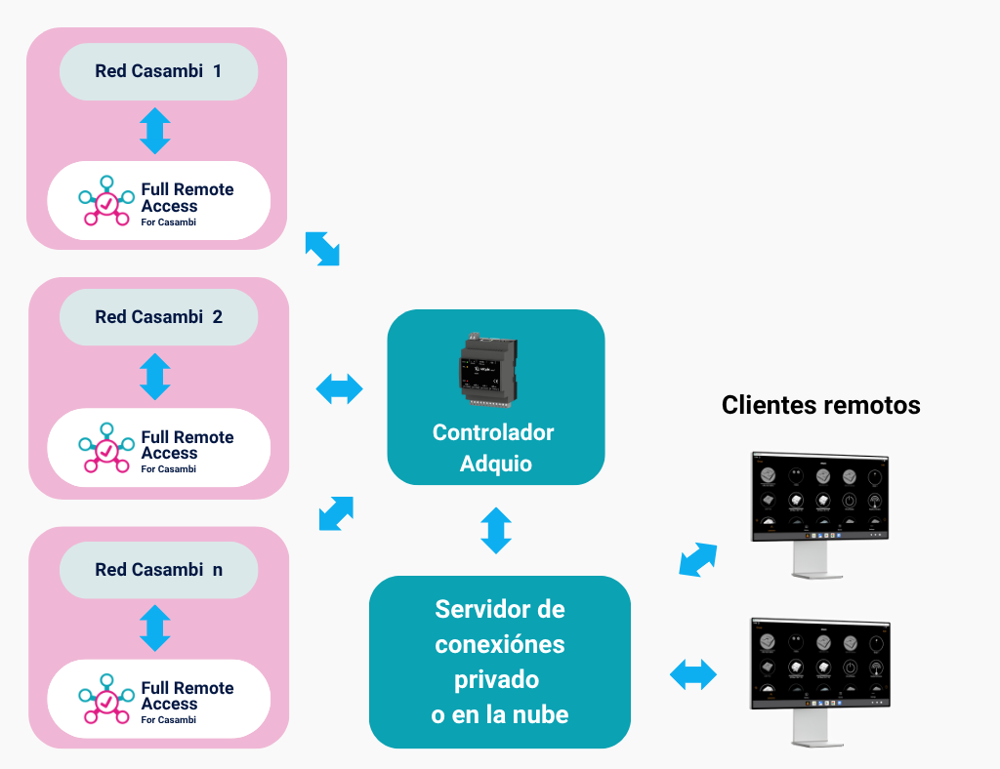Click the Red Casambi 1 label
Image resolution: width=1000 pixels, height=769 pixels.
(158, 71)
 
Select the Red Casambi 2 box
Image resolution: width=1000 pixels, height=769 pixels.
(158, 317)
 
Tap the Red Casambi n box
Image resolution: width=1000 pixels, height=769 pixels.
(158, 569)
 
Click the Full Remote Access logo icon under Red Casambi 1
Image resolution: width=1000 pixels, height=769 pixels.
(106, 201)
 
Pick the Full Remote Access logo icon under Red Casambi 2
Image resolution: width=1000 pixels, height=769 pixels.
(106, 448)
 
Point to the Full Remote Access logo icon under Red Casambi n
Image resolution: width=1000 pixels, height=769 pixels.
(106, 699)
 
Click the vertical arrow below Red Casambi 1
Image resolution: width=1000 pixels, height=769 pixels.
(155, 131)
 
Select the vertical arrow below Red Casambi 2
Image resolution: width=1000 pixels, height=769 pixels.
(155, 377)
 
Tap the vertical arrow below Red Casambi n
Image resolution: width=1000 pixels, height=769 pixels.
(155, 627)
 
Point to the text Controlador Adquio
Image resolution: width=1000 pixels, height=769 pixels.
(494, 448)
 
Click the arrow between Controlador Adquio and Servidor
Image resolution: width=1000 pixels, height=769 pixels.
(496, 531)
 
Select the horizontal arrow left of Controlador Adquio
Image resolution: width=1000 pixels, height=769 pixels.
(340, 389)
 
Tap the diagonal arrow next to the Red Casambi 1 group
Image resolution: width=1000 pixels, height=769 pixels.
(322, 248)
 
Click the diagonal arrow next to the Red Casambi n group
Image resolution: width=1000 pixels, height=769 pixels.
(336, 513)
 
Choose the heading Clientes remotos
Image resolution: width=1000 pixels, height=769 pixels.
(820, 404)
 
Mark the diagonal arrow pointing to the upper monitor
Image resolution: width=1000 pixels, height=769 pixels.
(697, 560)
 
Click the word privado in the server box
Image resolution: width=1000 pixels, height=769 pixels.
(499, 679)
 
